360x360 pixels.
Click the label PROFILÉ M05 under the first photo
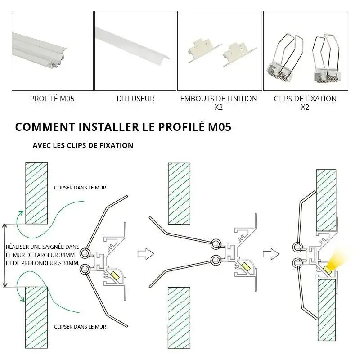pyautogui.click(x=52, y=99)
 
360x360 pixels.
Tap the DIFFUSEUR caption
pyautogui.click(x=135, y=99)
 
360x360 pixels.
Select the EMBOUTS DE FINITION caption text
pyautogui.click(x=219, y=99)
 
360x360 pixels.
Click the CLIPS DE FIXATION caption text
pyautogui.click(x=305, y=99)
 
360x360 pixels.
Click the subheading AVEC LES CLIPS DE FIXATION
pyautogui.click(x=83, y=146)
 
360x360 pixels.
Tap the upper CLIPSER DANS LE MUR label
pyautogui.click(x=80, y=188)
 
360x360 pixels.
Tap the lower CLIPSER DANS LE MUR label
pyautogui.click(x=80, y=327)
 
